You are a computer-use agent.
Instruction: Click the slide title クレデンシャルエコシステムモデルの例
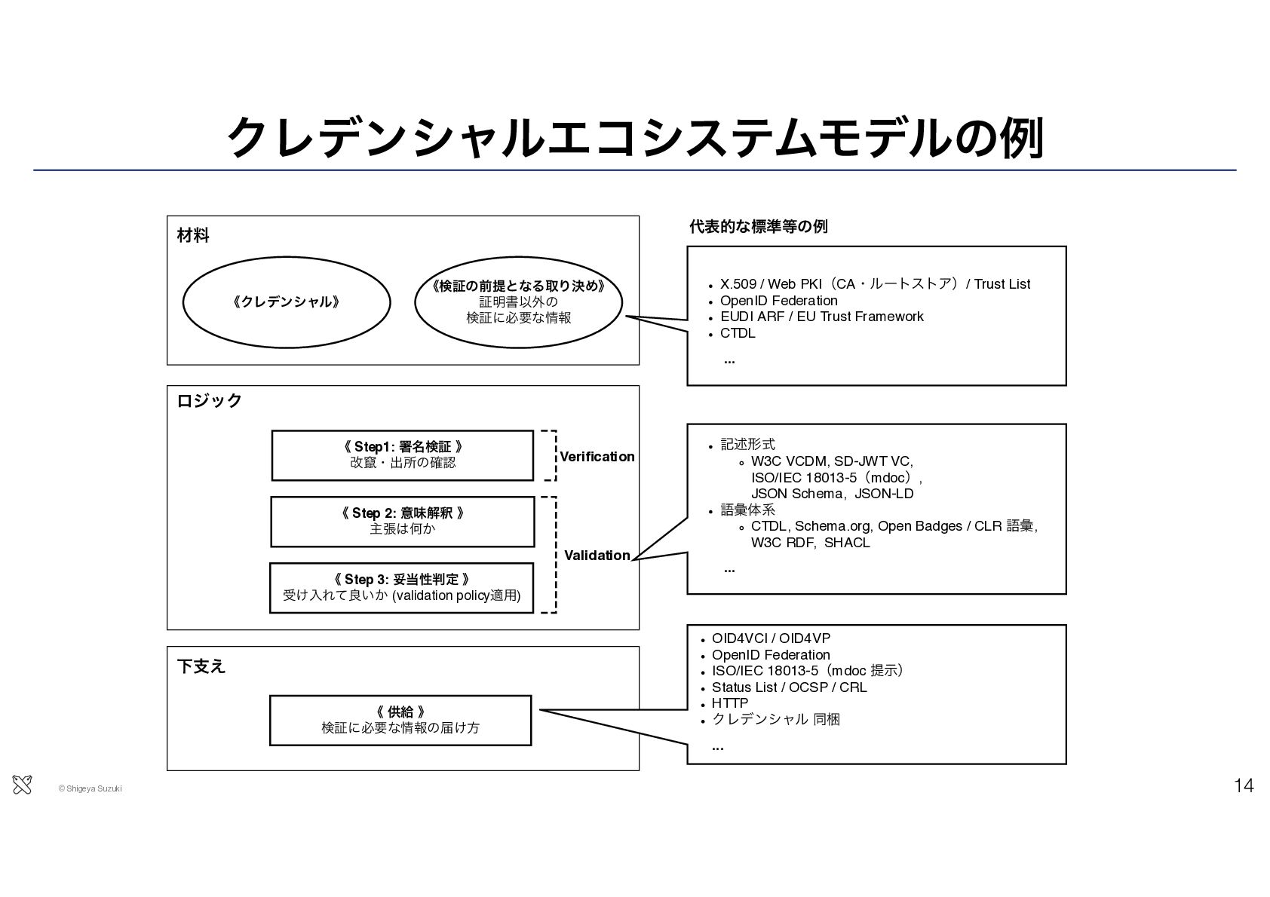point(635,138)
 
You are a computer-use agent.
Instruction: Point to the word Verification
point(597,457)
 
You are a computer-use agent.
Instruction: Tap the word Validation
point(597,556)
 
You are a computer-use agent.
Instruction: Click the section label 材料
point(193,235)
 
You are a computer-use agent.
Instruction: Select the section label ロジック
point(209,400)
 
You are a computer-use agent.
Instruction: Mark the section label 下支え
point(201,666)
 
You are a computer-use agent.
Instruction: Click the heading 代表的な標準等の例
point(759,227)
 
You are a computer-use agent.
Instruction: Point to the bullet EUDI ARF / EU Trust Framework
point(821,316)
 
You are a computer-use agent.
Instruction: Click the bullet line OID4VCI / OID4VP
point(771,638)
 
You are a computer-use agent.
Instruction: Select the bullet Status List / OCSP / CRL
point(789,687)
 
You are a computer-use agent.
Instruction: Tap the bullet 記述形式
point(747,444)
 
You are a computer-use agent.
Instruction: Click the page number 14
point(1244,785)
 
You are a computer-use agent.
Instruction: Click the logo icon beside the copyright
point(22,785)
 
